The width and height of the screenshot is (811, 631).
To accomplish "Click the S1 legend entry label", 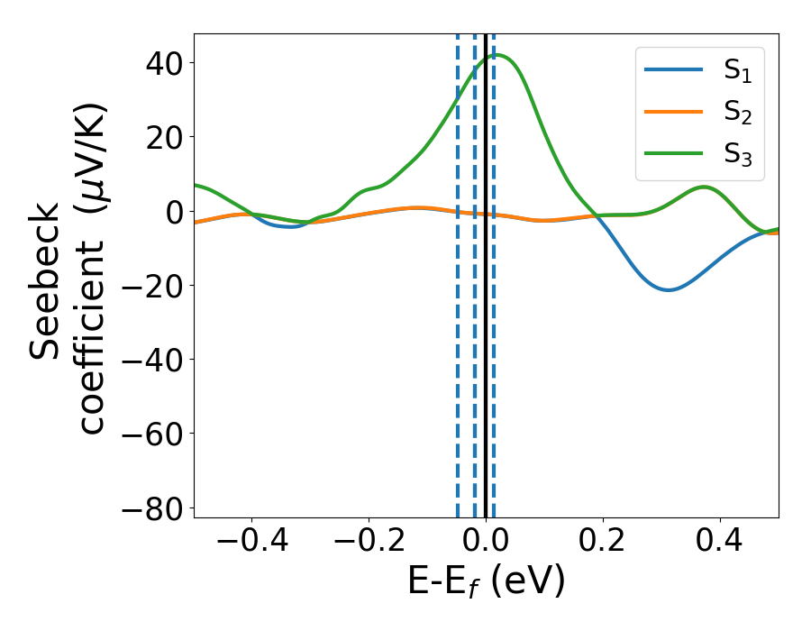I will (x=738, y=74).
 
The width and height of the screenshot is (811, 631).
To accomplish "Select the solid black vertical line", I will (x=486, y=270).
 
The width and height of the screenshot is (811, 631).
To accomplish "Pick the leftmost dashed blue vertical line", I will (x=457, y=270).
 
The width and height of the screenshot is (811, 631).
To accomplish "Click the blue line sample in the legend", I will (x=674, y=73).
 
